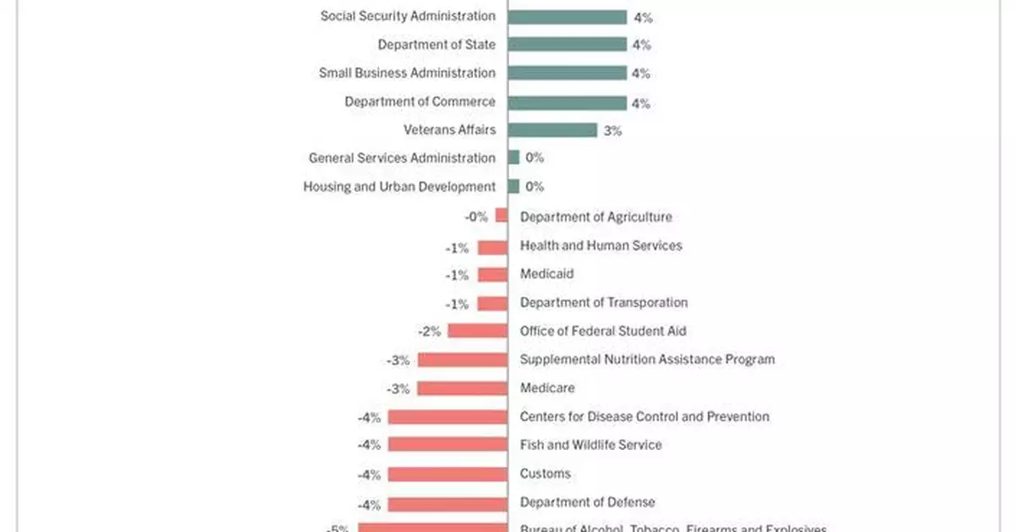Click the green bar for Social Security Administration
click(567, 17)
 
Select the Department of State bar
click(567, 45)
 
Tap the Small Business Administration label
click(407, 73)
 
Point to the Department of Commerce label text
click(420, 101)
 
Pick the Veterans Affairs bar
click(552, 130)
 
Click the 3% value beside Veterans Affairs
click(613, 131)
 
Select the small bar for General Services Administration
click(513, 158)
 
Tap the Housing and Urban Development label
click(399, 187)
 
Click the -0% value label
click(476, 217)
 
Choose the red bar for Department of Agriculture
click(502, 217)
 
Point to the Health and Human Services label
click(601, 245)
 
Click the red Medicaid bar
click(492, 274)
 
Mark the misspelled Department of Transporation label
click(604, 303)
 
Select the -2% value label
click(430, 332)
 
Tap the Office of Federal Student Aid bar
click(478, 331)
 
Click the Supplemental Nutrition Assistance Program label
click(647, 359)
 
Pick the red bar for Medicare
click(463, 388)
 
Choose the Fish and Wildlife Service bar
click(447, 445)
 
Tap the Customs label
click(546, 474)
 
